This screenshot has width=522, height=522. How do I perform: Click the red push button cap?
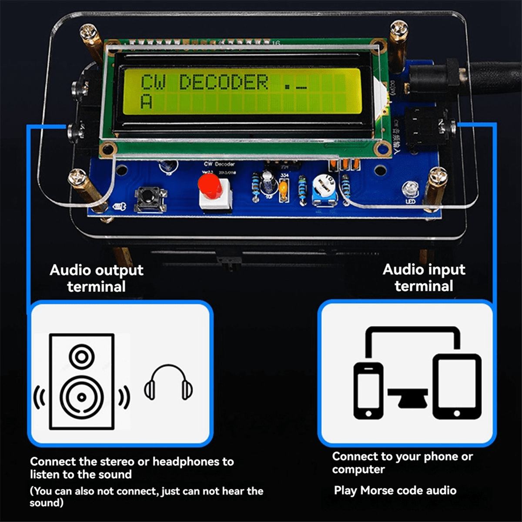[210, 185]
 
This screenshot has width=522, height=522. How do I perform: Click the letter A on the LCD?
[147, 102]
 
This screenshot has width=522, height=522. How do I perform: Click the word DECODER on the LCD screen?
[224, 82]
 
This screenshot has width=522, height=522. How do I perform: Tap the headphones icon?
[168, 383]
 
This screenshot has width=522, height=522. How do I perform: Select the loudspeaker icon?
[82, 381]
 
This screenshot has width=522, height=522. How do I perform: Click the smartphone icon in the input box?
[368, 390]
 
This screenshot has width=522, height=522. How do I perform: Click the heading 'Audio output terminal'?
[96, 278]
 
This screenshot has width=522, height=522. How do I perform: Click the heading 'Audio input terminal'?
[424, 277]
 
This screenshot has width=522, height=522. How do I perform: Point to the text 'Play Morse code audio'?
[395, 490]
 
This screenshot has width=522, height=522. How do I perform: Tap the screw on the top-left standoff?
[88, 31]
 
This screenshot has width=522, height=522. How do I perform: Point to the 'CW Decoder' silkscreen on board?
[219, 164]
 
